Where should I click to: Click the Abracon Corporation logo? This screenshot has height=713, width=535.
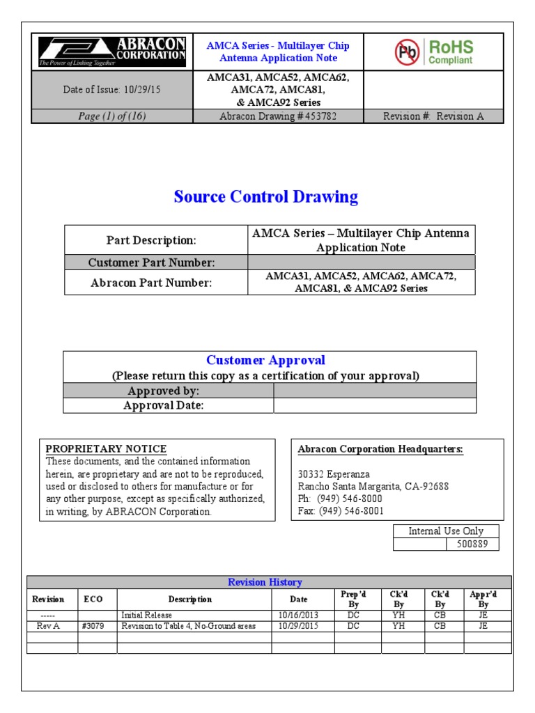click(x=111, y=52)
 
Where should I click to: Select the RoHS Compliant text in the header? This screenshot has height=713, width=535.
click(x=451, y=52)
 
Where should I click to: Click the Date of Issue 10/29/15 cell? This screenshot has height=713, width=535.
click(x=111, y=91)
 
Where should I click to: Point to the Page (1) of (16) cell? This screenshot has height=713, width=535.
click(x=111, y=116)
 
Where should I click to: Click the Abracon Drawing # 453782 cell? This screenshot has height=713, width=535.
click(x=277, y=116)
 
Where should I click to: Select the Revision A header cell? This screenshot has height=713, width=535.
click(x=433, y=116)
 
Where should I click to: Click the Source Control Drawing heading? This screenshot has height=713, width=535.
click(x=266, y=197)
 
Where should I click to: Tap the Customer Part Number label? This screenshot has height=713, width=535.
click(x=151, y=262)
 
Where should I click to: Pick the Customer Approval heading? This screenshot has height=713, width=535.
click(x=265, y=360)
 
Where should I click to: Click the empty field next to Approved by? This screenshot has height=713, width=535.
click(x=375, y=391)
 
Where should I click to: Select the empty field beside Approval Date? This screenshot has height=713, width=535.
click(x=375, y=405)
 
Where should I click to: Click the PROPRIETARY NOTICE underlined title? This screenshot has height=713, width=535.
click(x=106, y=449)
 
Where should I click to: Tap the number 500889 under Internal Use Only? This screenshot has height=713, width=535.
click(x=472, y=544)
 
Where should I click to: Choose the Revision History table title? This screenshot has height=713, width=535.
click(x=265, y=582)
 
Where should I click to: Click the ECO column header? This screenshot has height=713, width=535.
click(x=93, y=600)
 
